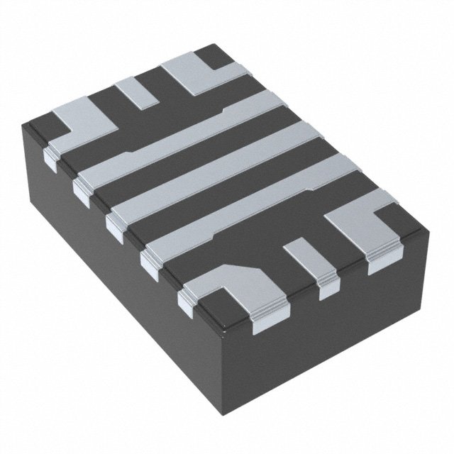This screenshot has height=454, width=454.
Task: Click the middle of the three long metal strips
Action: pos(213,170)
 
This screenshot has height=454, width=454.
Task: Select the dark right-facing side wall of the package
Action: pos(333,333)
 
